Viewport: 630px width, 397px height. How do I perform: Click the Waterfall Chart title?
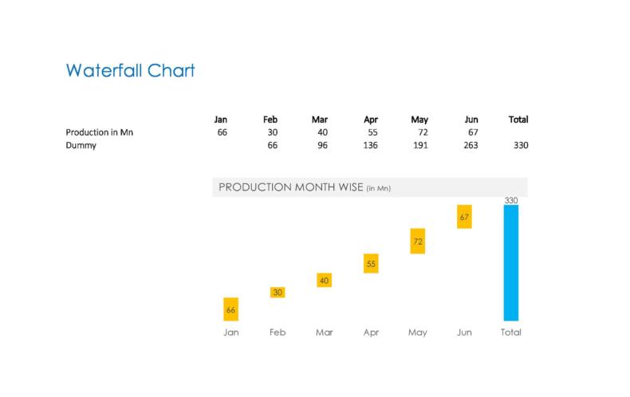tap(130, 71)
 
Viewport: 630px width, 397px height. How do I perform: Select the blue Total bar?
tap(511, 263)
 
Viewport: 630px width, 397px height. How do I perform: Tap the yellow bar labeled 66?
tap(231, 309)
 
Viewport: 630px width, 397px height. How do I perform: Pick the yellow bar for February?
tap(278, 292)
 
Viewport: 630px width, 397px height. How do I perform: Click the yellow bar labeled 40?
tap(325, 280)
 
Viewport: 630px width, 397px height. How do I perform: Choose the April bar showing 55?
tap(371, 263)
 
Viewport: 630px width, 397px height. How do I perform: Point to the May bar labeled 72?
tap(417, 241)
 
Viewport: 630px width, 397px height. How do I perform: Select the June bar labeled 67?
tap(464, 217)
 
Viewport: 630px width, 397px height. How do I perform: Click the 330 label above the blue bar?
tap(511, 200)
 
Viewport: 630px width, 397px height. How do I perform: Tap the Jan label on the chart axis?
tap(231, 332)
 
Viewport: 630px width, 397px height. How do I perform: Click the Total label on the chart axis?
tap(511, 332)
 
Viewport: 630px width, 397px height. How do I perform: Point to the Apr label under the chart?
tap(371, 332)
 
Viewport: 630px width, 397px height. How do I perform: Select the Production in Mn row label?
tap(99, 132)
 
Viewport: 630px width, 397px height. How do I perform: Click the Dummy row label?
tap(81, 145)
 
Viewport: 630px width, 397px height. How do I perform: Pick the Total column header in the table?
tap(518, 120)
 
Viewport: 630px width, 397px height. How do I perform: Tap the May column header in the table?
tap(419, 120)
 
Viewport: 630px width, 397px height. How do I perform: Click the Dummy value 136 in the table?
tap(371, 145)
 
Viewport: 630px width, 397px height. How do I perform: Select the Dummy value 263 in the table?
tap(471, 145)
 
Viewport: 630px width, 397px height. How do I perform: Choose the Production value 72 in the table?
tap(423, 132)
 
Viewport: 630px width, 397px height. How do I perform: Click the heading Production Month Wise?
tap(291, 187)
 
